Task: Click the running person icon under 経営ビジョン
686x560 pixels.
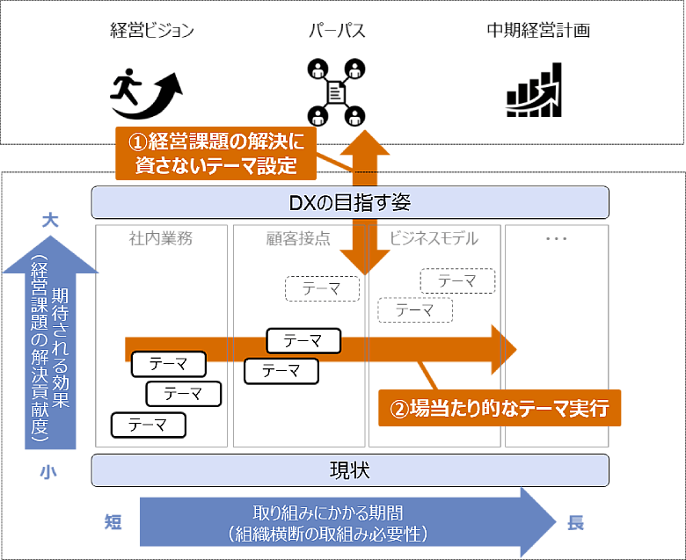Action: click(146, 90)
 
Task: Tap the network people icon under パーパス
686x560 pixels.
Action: click(336, 91)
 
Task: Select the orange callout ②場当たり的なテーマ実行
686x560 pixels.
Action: click(500, 409)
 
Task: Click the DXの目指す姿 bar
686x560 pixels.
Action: click(350, 203)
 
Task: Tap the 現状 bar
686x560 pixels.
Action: click(350, 469)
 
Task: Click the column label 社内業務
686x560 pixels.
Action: click(161, 238)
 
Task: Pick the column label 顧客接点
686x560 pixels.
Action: click(298, 238)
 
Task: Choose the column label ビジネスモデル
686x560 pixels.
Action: click(434, 238)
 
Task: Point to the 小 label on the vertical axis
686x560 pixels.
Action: click(47, 472)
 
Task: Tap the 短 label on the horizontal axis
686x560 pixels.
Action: click(113, 522)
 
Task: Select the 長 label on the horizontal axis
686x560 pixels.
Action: click(575, 522)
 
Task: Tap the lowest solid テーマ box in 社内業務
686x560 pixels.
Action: click(149, 425)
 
